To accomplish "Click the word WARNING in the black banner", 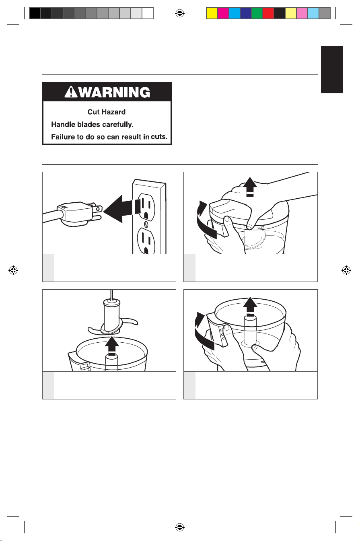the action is click(x=115, y=92).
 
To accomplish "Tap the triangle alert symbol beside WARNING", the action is click(x=71, y=92).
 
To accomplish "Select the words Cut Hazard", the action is click(x=107, y=112).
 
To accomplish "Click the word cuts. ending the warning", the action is click(x=159, y=137).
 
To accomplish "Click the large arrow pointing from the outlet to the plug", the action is click(x=122, y=209).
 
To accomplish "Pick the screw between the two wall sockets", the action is click(x=146, y=224).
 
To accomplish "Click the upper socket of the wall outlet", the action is click(x=146, y=206).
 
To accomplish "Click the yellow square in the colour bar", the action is click(x=212, y=13).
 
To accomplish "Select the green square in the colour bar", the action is click(x=257, y=13).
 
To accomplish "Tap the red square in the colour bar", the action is click(x=268, y=13).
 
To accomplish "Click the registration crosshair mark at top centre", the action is click(x=180, y=13).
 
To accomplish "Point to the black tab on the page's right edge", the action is click(x=332, y=70).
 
